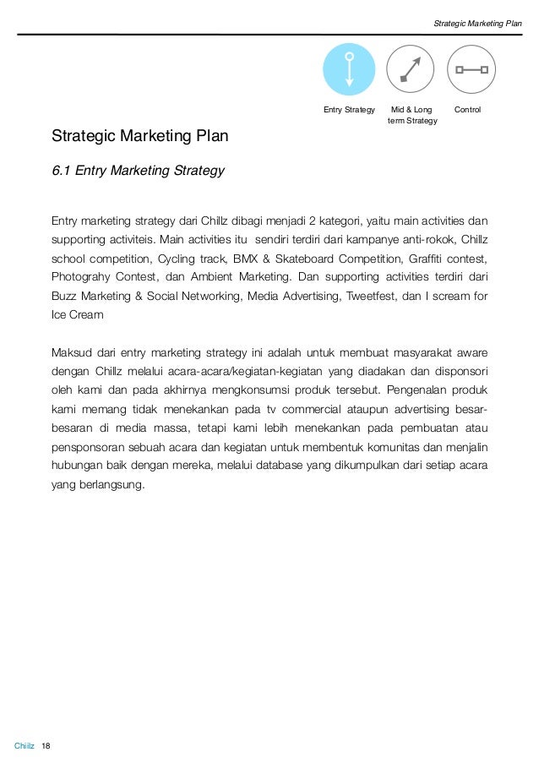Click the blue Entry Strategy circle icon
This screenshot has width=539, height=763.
[349, 68]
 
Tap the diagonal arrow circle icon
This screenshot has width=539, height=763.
[410, 68]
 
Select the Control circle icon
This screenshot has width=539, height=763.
[471, 68]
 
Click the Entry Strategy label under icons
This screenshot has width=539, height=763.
[349, 110]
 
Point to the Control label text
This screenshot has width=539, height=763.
[467, 110]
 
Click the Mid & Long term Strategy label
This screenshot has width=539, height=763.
[411, 116]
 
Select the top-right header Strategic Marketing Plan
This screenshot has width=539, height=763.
[477, 24]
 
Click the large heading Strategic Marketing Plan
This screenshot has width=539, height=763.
[139, 135]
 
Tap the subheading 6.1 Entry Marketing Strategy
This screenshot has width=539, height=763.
[138, 171]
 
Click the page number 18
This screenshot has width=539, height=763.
[46, 746]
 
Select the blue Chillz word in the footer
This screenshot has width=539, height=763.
[24, 746]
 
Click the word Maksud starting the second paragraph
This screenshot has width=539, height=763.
[72, 352]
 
